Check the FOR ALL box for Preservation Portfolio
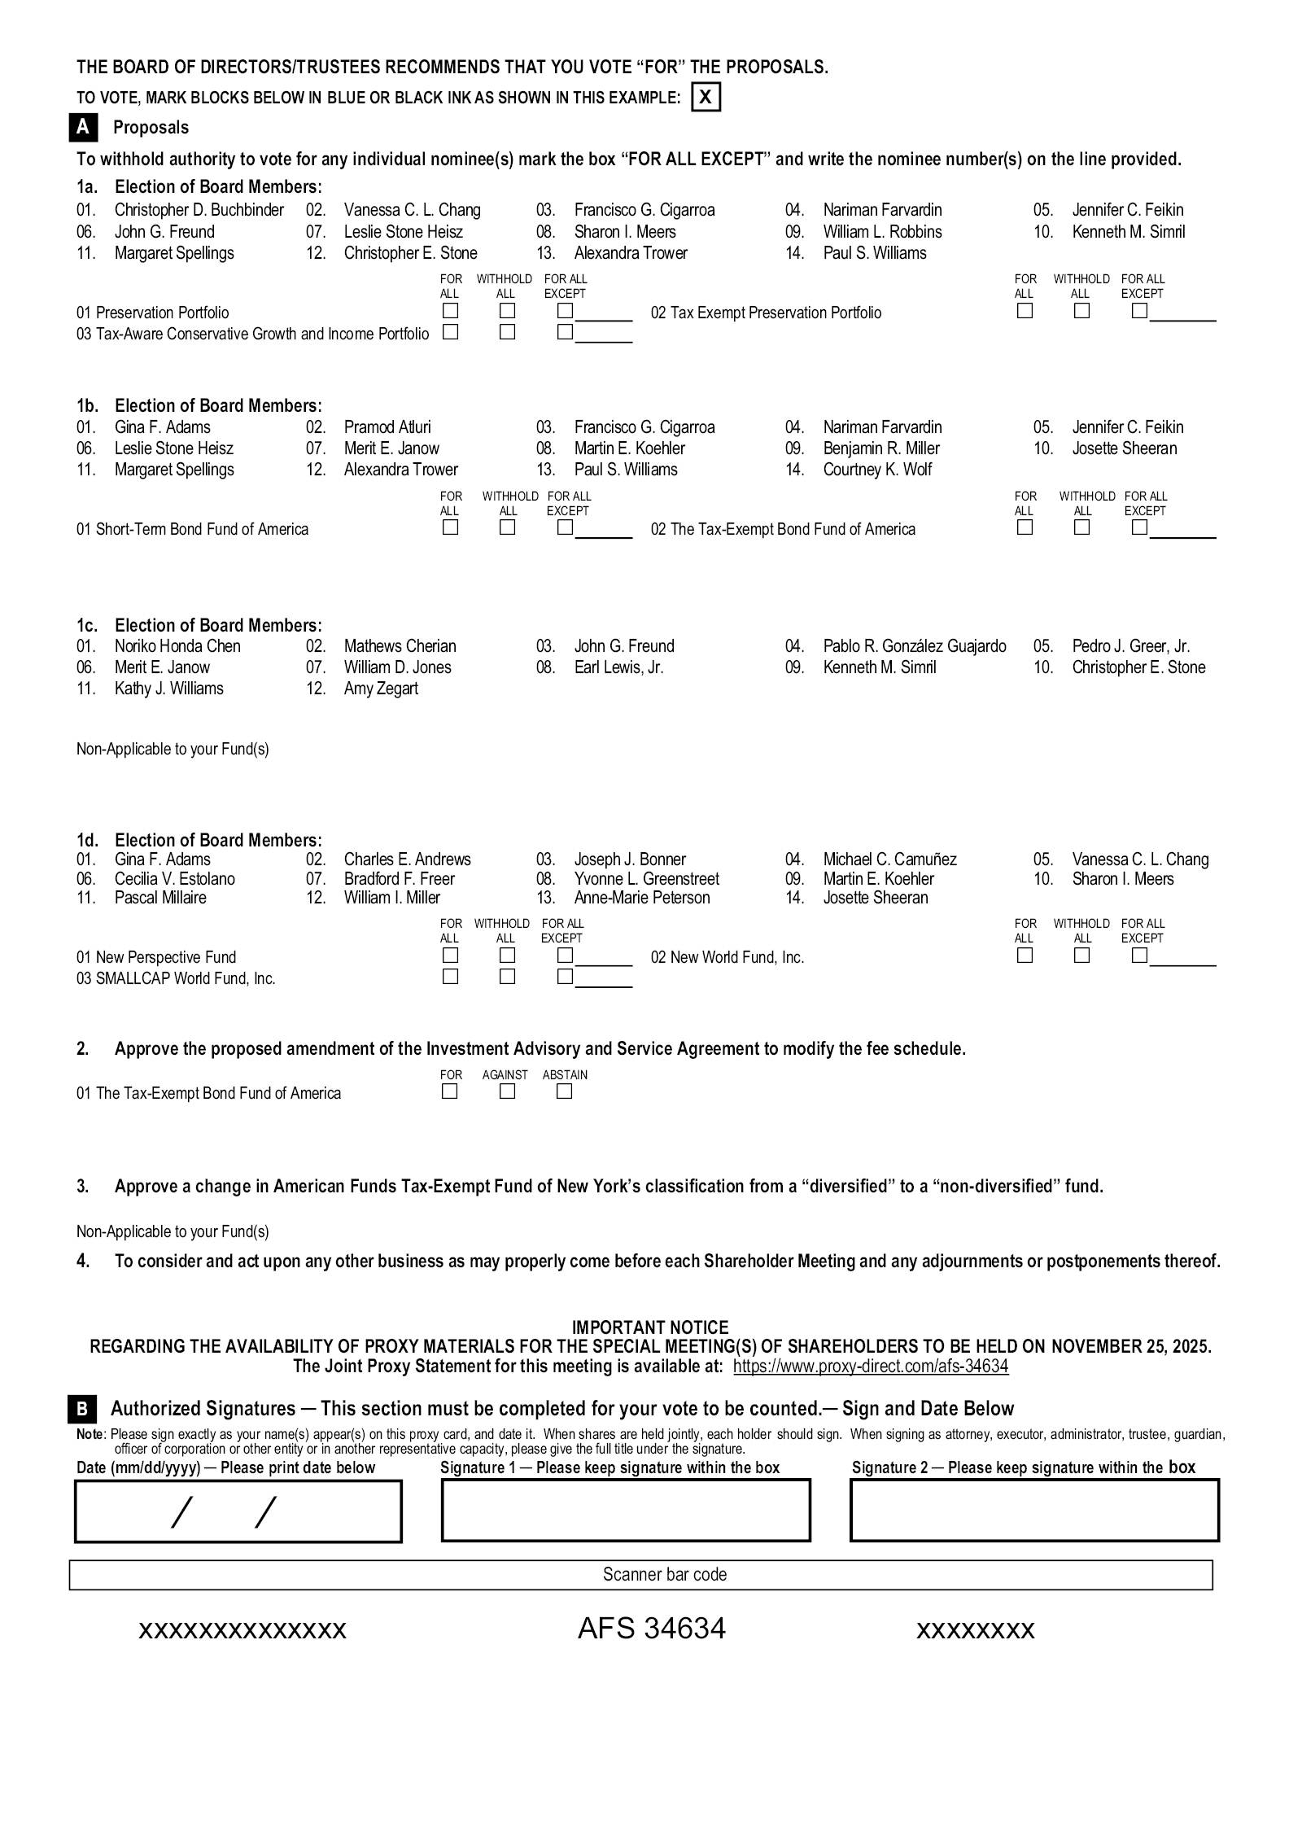point(450,311)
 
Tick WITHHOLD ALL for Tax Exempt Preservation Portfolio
point(1081,311)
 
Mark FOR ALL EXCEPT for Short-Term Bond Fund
point(565,527)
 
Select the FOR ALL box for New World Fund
point(1025,956)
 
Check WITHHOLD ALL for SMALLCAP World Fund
point(507,977)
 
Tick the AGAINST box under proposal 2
point(507,1091)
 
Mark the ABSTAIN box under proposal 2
point(564,1091)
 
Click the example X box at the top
point(706,98)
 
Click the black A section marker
point(83,127)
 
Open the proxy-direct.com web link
point(870,1367)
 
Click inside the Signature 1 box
point(625,1510)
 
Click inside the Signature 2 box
point(1033,1510)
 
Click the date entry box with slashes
point(238,1511)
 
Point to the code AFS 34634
point(651,1629)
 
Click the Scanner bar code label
point(664,1574)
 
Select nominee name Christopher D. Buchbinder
point(199,210)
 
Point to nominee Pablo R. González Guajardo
point(914,646)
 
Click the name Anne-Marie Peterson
point(641,898)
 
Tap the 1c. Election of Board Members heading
point(199,625)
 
